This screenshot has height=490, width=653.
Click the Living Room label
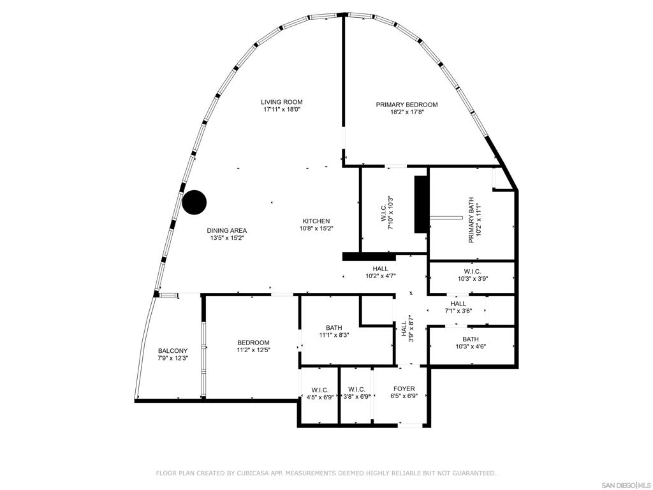pyautogui.click(x=281, y=102)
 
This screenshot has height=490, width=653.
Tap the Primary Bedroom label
pyautogui.click(x=407, y=105)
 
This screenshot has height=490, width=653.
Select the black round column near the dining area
pyautogui.click(x=194, y=202)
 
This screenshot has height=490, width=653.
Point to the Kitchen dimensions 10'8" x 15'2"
pyautogui.click(x=316, y=228)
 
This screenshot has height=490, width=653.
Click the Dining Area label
pyautogui.click(x=227, y=230)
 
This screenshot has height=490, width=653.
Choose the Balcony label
pyautogui.click(x=173, y=351)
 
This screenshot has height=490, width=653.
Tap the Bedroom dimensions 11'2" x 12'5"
pyautogui.click(x=254, y=350)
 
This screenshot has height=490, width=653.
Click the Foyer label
pyautogui.click(x=404, y=389)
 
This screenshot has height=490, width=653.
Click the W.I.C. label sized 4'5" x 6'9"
pyautogui.click(x=320, y=390)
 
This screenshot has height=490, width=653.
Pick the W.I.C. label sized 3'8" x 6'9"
pyautogui.click(x=357, y=389)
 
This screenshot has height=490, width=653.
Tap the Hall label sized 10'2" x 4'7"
pyautogui.click(x=380, y=269)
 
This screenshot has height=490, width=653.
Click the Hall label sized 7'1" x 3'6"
pyautogui.click(x=458, y=304)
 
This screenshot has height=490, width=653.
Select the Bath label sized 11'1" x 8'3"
pyautogui.click(x=334, y=327)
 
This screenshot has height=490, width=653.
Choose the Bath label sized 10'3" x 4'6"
pyautogui.click(x=471, y=339)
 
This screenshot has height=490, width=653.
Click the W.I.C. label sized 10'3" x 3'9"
pyautogui.click(x=473, y=272)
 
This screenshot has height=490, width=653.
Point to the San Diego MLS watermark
pyautogui.click(x=626, y=486)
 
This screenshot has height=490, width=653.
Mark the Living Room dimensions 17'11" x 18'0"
pyautogui.click(x=282, y=110)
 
